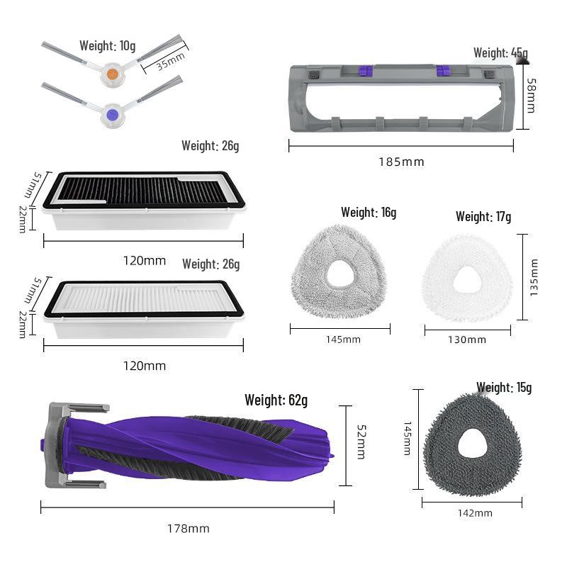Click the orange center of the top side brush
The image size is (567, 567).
tap(113, 74)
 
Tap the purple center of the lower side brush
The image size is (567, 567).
tap(113, 116)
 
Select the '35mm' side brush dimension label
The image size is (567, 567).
tap(171, 61)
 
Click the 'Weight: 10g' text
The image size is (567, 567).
tap(108, 46)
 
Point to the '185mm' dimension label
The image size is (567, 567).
tap(401, 162)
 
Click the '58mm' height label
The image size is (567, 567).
tap(531, 96)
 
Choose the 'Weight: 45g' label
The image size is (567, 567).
tap(500, 52)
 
